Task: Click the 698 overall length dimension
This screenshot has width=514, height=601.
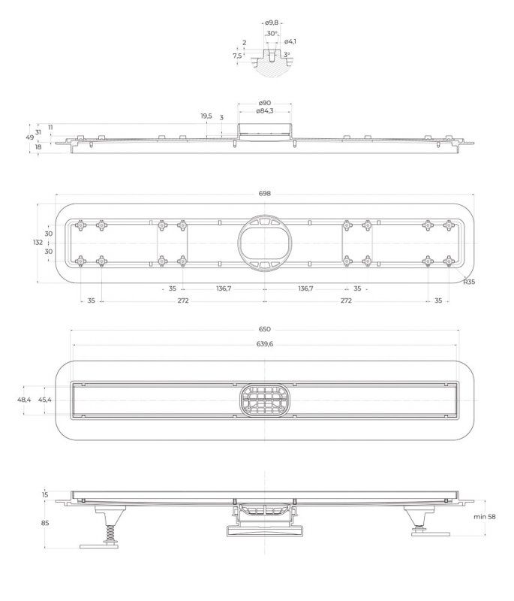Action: pyautogui.click(x=264, y=194)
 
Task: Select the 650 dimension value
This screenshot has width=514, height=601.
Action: pyautogui.click(x=264, y=329)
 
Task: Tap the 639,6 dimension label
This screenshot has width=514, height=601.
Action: pyautogui.click(x=265, y=344)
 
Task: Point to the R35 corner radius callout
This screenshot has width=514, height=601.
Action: pyautogui.click(x=469, y=282)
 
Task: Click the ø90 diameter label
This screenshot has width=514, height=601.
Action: pyautogui.click(x=264, y=103)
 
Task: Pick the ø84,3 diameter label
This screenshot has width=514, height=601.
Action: pyautogui.click(x=264, y=111)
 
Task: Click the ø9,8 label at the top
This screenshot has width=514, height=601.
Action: pyautogui.click(x=272, y=23)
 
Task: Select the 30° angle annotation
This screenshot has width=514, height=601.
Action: pyautogui.click(x=272, y=33)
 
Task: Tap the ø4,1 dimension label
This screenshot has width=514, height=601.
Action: pyautogui.click(x=290, y=41)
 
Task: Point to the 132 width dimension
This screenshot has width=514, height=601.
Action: pyautogui.click(x=38, y=242)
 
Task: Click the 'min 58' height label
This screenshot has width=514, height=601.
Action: pyautogui.click(x=485, y=517)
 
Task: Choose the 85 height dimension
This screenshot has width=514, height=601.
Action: pyautogui.click(x=45, y=523)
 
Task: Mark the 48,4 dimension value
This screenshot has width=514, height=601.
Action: pyautogui.click(x=24, y=400)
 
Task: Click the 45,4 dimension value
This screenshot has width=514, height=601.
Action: pyautogui.click(x=45, y=400)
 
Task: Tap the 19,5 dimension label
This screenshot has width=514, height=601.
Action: pyautogui.click(x=206, y=116)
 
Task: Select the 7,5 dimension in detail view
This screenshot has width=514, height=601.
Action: pyautogui.click(x=237, y=56)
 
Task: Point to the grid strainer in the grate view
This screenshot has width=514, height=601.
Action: pyautogui.click(x=264, y=400)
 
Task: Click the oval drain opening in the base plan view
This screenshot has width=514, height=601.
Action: pyautogui.click(x=264, y=242)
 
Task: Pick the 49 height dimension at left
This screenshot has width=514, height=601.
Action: pyautogui.click(x=30, y=137)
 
